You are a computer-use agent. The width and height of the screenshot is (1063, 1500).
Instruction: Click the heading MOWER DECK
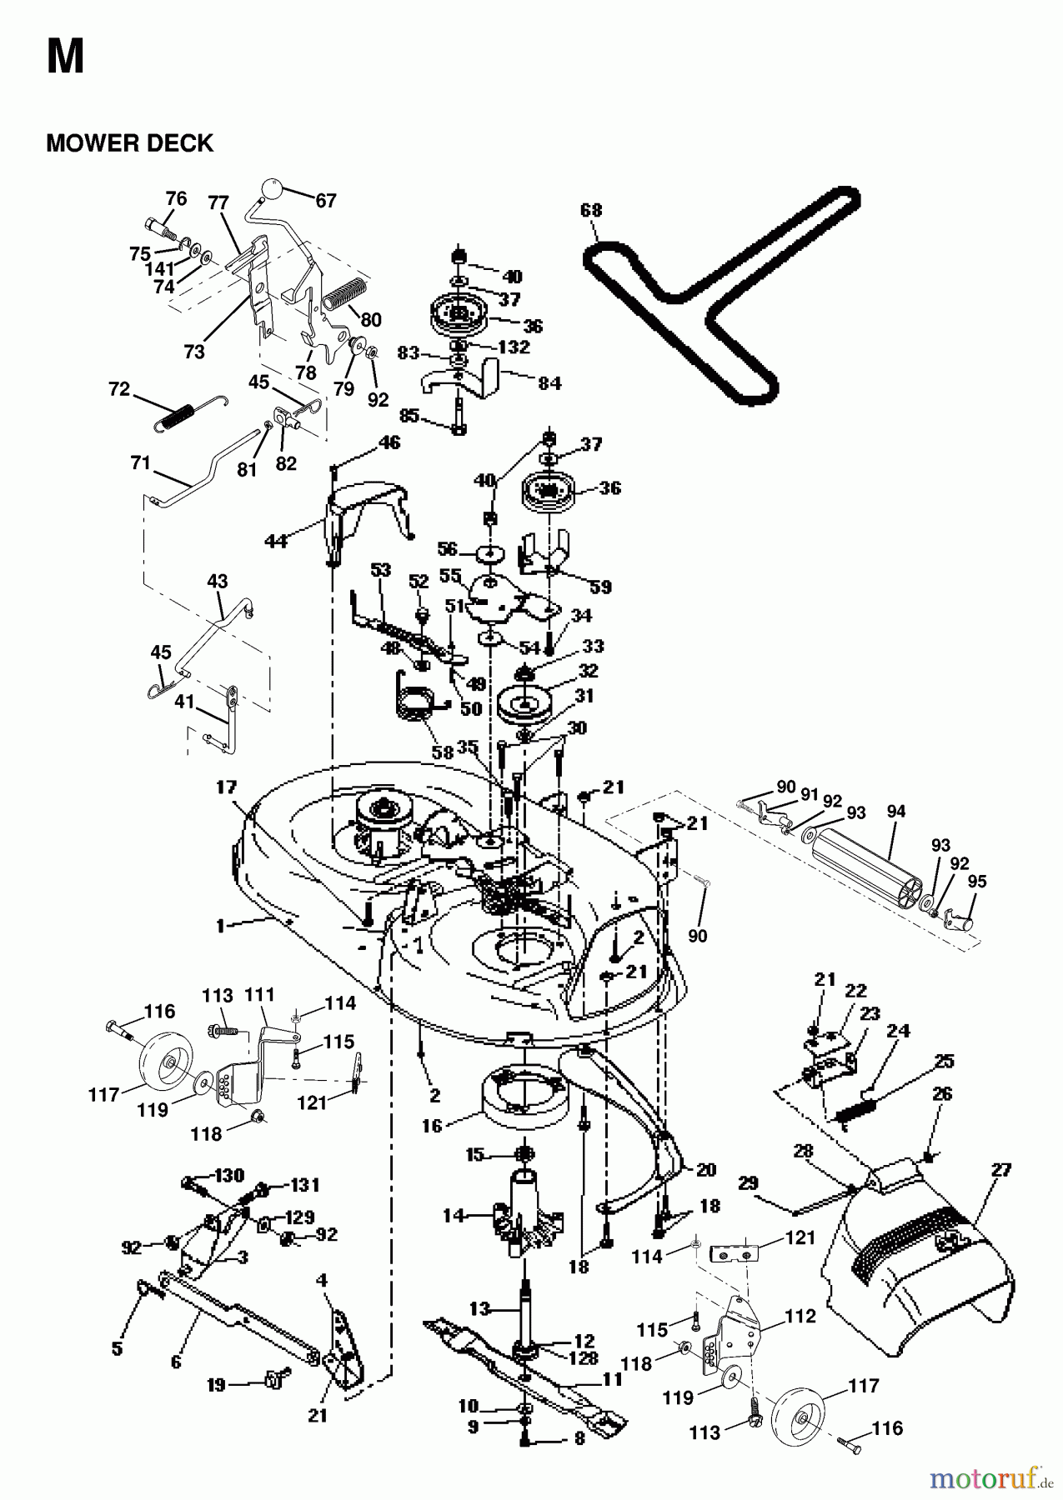(129, 143)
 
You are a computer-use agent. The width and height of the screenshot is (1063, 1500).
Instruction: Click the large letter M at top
(65, 57)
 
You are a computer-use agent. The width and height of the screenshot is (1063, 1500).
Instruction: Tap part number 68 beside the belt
(590, 210)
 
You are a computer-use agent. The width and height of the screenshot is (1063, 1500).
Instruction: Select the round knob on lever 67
(271, 187)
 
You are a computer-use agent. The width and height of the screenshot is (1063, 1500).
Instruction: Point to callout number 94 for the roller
(895, 811)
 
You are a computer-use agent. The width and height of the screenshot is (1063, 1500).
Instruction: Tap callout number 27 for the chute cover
(1001, 1170)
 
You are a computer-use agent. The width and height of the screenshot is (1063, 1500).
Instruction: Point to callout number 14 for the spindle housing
(452, 1216)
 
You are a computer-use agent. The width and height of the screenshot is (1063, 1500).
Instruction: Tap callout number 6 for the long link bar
(176, 1362)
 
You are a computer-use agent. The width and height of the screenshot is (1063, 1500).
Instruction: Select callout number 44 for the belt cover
(275, 542)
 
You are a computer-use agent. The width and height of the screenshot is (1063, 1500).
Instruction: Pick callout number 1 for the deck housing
(221, 925)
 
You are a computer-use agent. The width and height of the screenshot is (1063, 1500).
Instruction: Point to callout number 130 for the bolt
(229, 1176)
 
